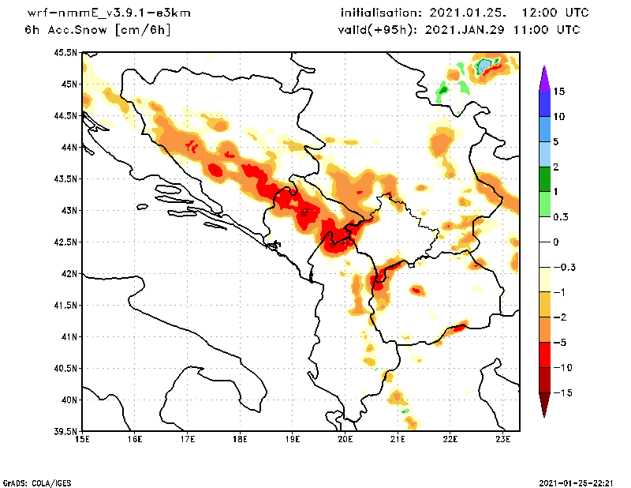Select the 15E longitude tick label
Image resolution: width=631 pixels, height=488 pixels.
[x=82, y=439]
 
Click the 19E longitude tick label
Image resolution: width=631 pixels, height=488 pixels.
[x=293, y=439]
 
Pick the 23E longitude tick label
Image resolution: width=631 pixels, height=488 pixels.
[x=503, y=439]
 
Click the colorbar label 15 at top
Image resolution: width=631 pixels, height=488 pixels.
[x=558, y=92]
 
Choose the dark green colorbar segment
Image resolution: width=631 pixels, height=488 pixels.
[x=543, y=179]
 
